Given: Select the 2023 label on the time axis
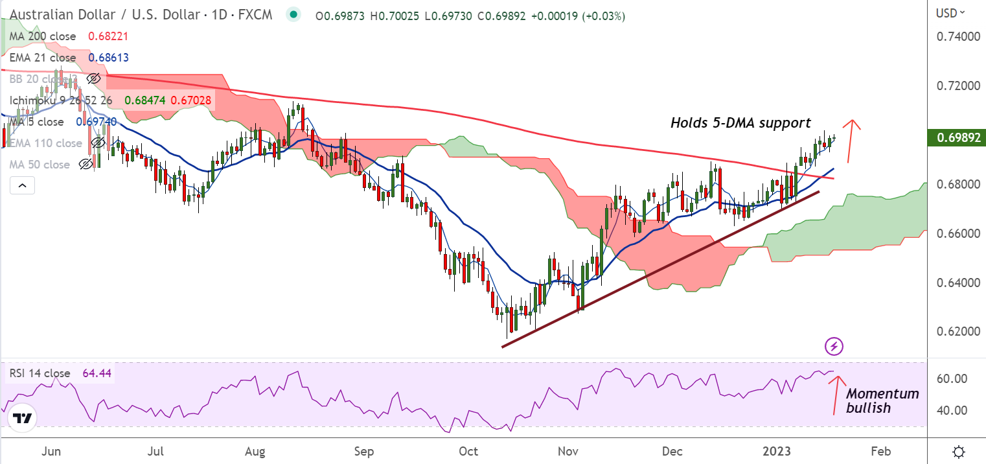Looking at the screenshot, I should [776, 450].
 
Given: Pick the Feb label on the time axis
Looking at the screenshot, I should [880, 450].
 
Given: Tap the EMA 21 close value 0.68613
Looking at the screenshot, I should [108, 58].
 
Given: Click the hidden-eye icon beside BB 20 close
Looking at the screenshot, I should [94, 79].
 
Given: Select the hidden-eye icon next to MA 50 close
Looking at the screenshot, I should [85, 165].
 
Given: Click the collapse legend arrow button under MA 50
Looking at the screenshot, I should [22, 186].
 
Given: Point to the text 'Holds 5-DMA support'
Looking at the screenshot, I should [740, 122].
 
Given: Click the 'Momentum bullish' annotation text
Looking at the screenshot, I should [882, 400].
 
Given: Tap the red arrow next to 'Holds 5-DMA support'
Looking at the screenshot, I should [853, 132].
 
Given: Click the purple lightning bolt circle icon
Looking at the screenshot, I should [834, 347].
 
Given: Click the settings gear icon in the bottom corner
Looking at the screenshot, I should [960, 451].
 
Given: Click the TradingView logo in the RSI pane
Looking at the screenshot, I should [23, 419].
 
